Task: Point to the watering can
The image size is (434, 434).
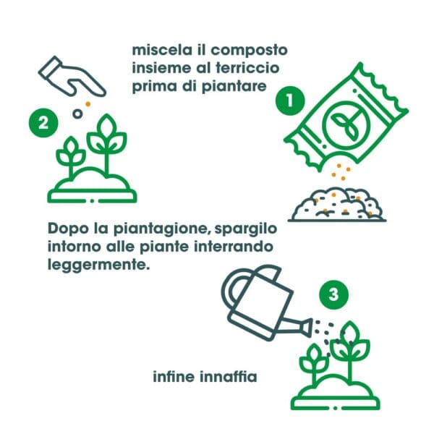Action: [261, 303]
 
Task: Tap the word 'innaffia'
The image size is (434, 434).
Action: [230, 377]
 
